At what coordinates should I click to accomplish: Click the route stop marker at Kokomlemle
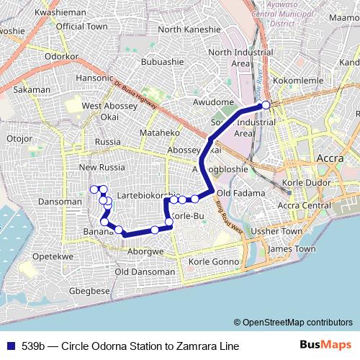(x=266, y=105)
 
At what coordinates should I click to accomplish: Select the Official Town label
(x=81, y=26)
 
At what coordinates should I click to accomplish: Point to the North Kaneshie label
(x=189, y=30)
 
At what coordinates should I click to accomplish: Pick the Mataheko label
(x=159, y=133)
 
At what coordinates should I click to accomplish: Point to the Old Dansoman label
(x=145, y=272)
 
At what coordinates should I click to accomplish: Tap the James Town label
(x=291, y=248)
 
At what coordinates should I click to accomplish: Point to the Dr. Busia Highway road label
(x=135, y=99)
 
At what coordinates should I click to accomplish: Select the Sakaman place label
(x=32, y=90)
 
